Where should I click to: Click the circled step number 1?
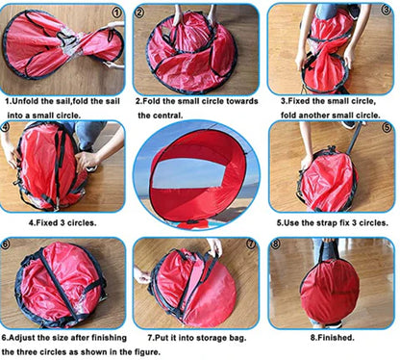coord(116,13)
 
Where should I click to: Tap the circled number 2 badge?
coord(140,13)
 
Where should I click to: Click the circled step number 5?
coord(387,127)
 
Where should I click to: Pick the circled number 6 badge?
coord(9,244)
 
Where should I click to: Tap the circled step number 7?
coord(251,244)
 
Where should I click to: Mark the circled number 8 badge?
coord(276,244)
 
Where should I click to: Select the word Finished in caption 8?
coord(334,339)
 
